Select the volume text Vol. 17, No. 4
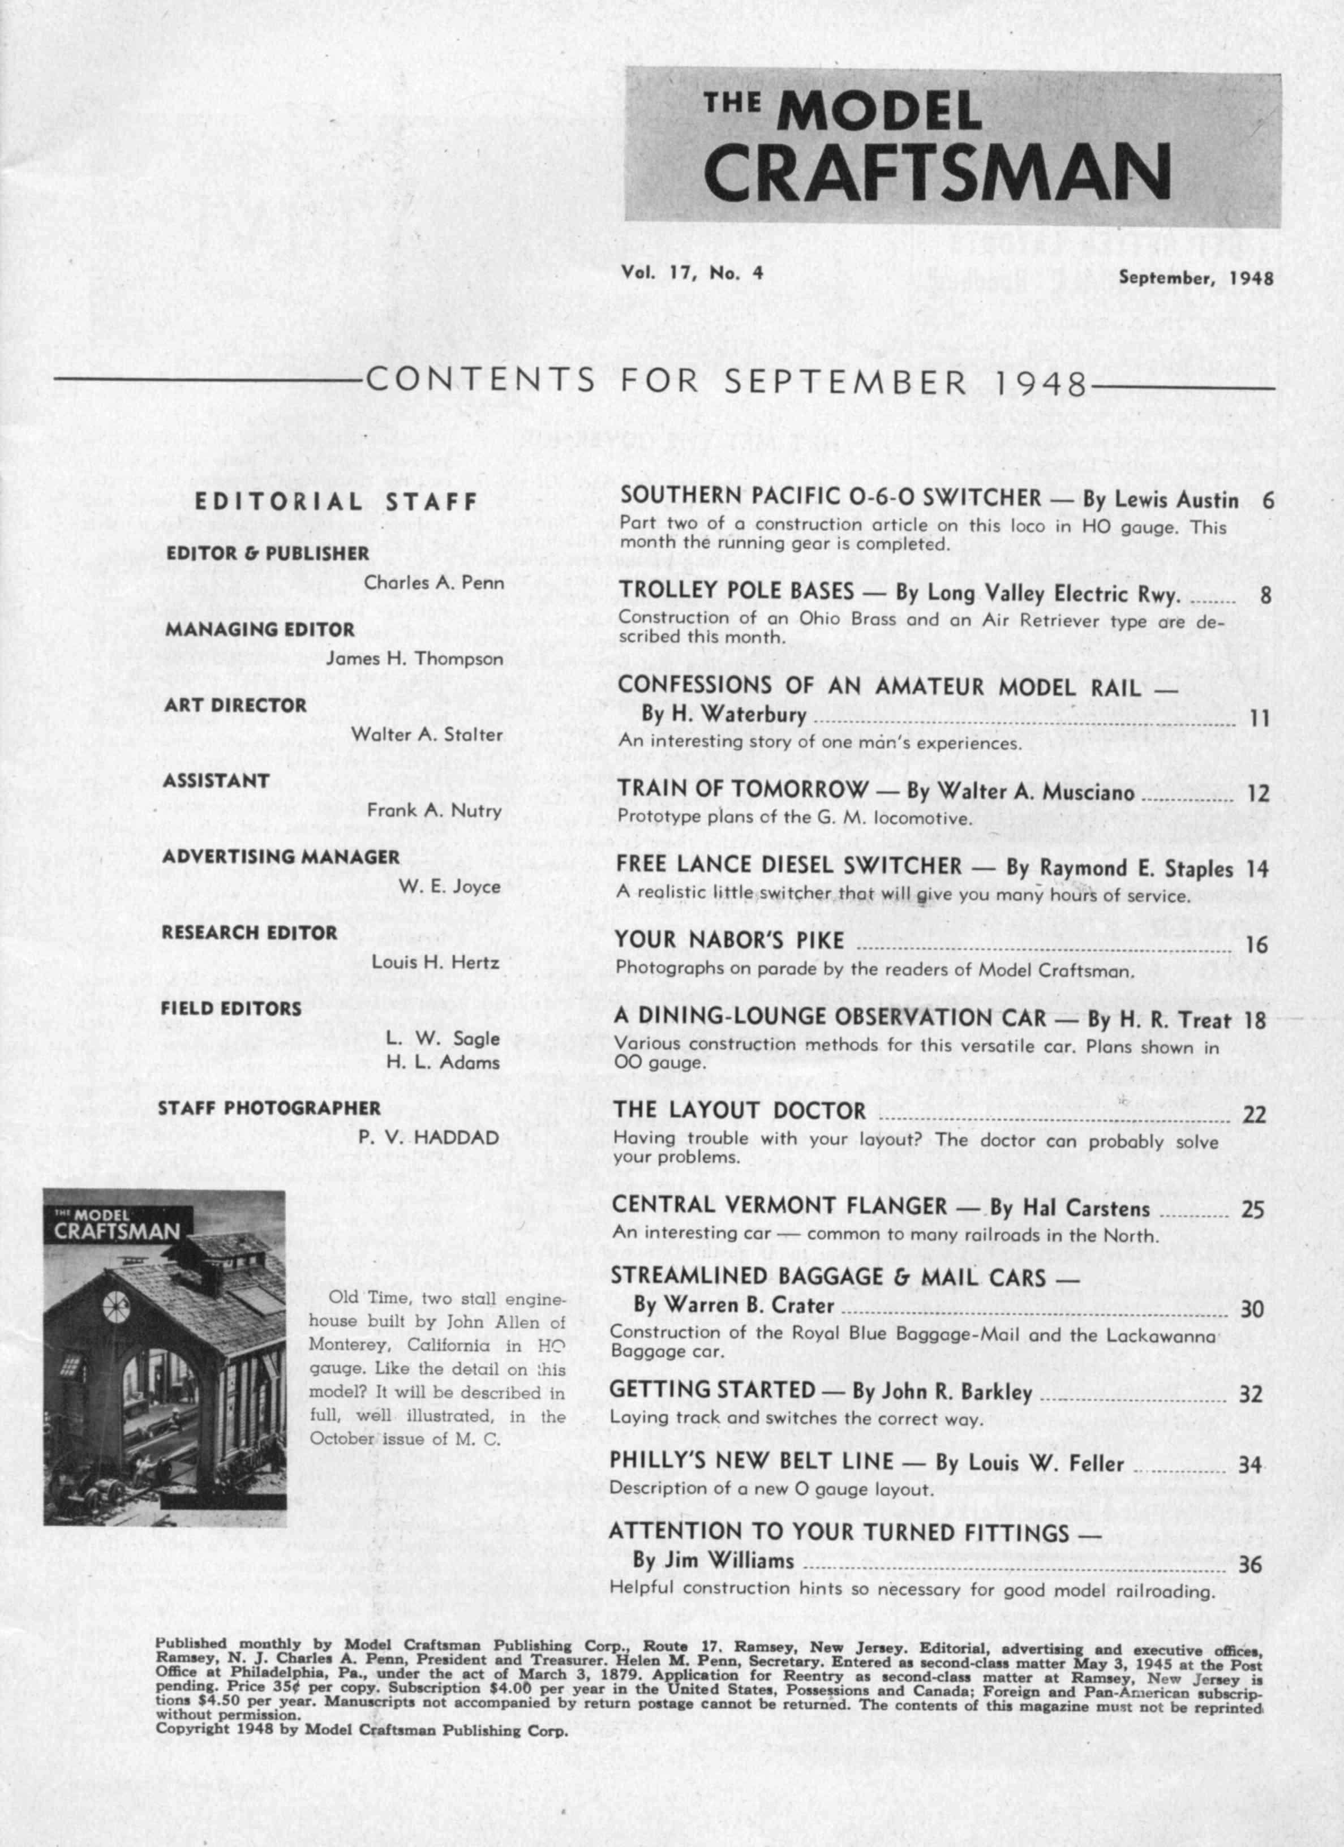click(x=692, y=274)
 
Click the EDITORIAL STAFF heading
click(x=336, y=502)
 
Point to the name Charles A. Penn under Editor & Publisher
click(x=433, y=582)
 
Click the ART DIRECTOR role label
click(x=235, y=705)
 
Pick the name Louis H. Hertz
click(x=435, y=962)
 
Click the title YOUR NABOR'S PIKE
click(x=729, y=940)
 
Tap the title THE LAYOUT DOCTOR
click(x=740, y=1111)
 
